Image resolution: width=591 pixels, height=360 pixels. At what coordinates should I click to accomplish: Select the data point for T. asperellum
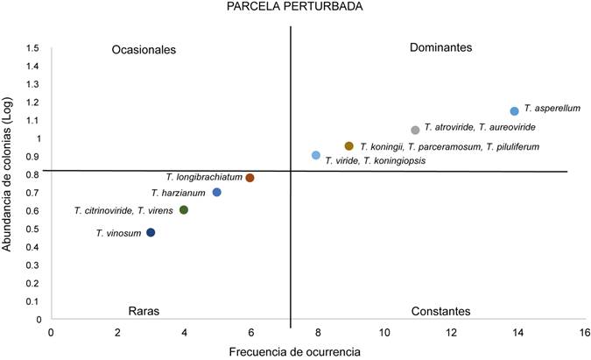pyautogui.click(x=515, y=111)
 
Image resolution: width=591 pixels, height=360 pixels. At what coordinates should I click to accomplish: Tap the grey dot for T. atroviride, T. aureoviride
pyautogui.click(x=416, y=130)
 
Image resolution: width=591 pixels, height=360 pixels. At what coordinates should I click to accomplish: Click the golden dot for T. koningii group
pyautogui.click(x=349, y=146)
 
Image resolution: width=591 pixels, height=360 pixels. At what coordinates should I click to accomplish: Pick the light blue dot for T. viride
pyautogui.click(x=316, y=155)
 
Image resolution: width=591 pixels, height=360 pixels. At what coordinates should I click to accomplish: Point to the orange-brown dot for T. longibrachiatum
pyautogui.click(x=250, y=178)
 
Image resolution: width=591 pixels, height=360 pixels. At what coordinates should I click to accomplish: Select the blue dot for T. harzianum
pyautogui.click(x=217, y=193)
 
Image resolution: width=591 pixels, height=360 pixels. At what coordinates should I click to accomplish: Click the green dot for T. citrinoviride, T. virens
pyautogui.click(x=184, y=210)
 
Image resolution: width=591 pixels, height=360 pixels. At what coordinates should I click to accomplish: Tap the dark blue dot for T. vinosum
pyautogui.click(x=151, y=233)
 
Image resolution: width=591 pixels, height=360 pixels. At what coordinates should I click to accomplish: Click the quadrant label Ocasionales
pyautogui.click(x=144, y=50)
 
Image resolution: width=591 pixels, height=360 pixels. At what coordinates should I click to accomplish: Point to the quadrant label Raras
pyautogui.click(x=144, y=311)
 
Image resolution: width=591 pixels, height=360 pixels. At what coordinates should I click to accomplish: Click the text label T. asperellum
pyautogui.click(x=552, y=109)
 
